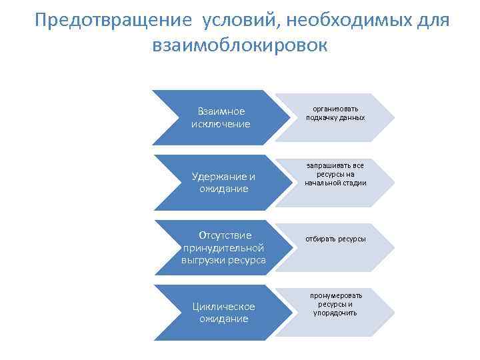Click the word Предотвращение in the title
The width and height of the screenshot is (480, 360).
[109, 21]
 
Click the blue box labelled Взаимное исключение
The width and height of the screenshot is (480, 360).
[220, 117]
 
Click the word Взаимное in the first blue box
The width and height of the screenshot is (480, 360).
[221, 111]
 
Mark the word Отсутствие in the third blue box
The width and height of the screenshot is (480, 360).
[225, 235]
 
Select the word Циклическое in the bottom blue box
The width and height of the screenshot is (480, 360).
[223, 306]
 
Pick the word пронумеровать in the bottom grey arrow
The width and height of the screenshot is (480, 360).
[335, 295]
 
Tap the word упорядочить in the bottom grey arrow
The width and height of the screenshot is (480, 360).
[335, 313]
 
